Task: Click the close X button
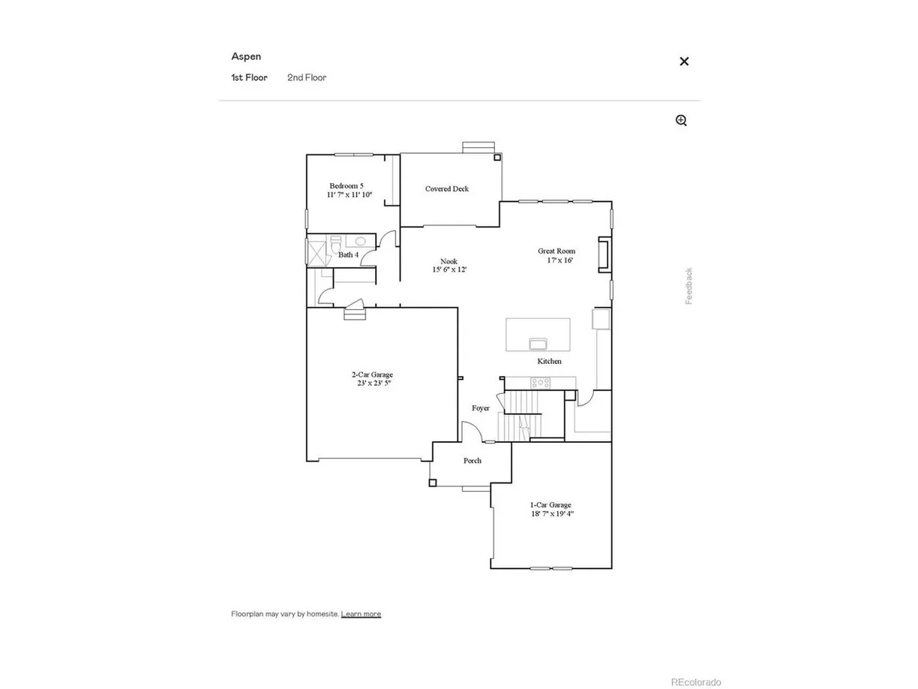pos(683,62)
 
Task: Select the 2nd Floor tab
pos(307,77)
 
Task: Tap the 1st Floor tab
pos(249,77)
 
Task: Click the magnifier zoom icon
pos(681,120)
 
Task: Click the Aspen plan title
pos(246,56)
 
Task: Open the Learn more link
pos(361,614)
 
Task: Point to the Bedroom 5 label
pos(346,186)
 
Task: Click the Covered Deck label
pos(447,189)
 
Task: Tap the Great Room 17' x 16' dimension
pos(559,260)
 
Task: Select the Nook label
pos(448,261)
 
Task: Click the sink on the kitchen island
pos(537,344)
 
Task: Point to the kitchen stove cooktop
pos(540,383)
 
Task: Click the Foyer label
pos(480,408)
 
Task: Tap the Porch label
pos(472,461)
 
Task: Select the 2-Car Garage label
pos(373,375)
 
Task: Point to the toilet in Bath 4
pos(337,243)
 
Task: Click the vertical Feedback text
pos(688,286)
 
